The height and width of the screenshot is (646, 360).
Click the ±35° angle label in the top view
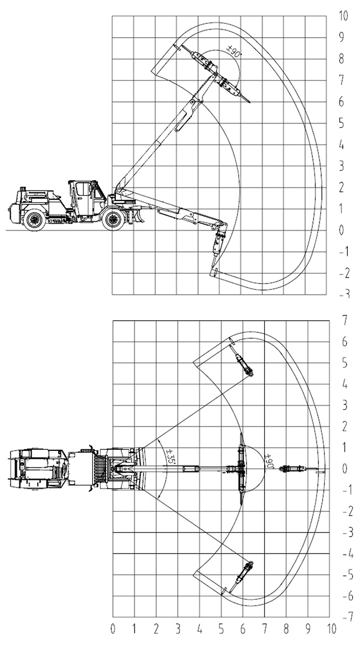pyautogui.click(x=170, y=458)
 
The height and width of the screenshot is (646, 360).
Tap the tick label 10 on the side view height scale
pyautogui.click(x=343, y=16)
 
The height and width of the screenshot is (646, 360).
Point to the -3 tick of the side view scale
pyautogui.click(x=344, y=294)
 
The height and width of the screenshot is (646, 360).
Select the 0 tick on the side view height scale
pyautogui.click(x=342, y=230)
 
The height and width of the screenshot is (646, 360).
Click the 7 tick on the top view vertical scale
pyautogui.click(x=344, y=320)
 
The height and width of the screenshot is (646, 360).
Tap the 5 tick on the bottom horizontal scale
pyautogui.click(x=221, y=629)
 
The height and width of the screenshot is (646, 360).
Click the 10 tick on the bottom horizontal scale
pyautogui.click(x=331, y=629)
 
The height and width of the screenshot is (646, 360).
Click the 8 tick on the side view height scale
pyautogui.click(x=342, y=59)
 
